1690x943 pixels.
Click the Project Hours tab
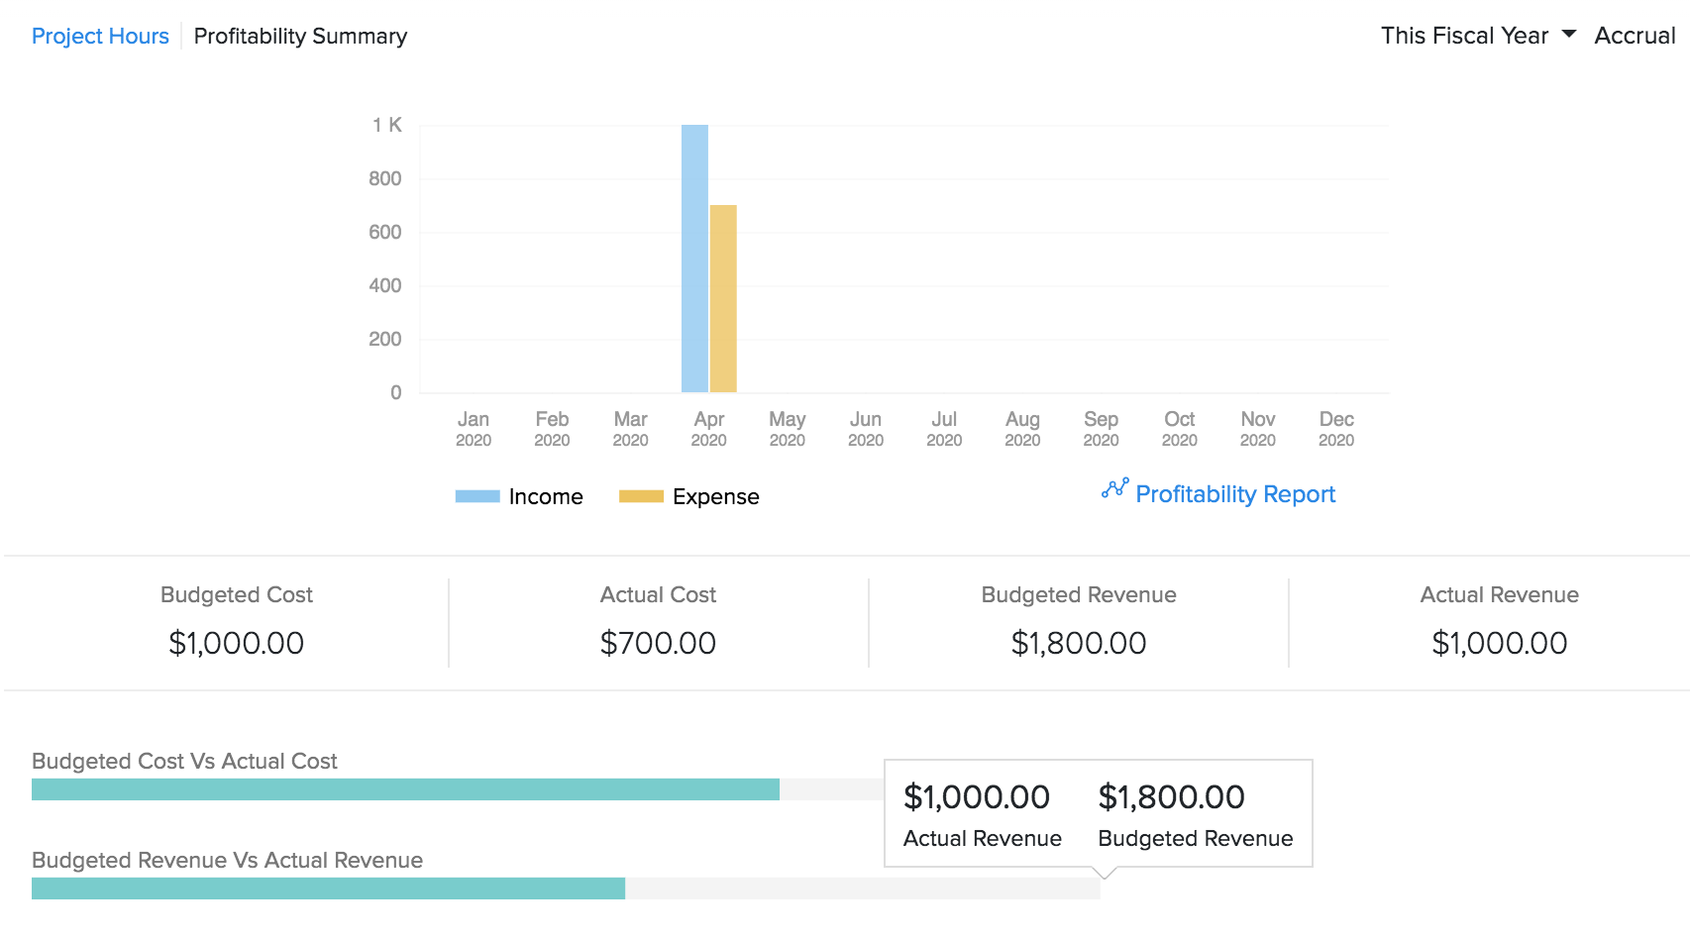[x=100, y=37]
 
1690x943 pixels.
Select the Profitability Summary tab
[x=300, y=37]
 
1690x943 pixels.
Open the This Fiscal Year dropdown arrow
[x=1569, y=35]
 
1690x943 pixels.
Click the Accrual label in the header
[x=1635, y=37]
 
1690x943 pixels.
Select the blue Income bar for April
[x=694, y=259]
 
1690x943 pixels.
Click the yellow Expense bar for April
[x=723, y=298]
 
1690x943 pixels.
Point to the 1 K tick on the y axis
[x=386, y=125]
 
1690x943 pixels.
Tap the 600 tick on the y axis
[x=384, y=232]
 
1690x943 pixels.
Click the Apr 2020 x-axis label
[x=708, y=429]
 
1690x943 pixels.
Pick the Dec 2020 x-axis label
[x=1335, y=429]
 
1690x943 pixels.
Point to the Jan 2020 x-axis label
[x=474, y=429]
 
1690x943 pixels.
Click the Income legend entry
[x=520, y=496]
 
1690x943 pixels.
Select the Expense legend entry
[x=690, y=496]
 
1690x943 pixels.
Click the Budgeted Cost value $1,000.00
[x=236, y=643]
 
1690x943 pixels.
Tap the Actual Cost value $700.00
[x=658, y=643]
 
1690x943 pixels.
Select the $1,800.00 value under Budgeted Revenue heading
[x=1078, y=643]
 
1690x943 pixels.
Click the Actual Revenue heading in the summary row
[x=1499, y=594]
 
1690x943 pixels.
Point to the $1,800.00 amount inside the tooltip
[x=1171, y=797]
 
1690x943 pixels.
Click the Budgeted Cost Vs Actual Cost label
[x=184, y=761]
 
